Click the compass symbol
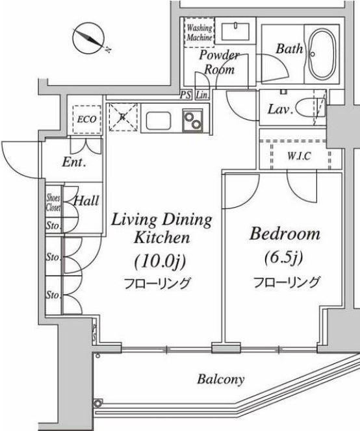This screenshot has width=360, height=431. click(x=88, y=38)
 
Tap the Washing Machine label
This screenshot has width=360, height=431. click(x=199, y=32)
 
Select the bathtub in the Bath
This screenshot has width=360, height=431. click(x=322, y=54)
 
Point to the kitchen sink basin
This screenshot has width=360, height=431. click(x=159, y=121)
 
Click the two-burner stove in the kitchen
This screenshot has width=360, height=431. click(x=193, y=119)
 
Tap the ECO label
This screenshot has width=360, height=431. click(x=86, y=119)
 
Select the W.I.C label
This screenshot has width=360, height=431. click(x=299, y=156)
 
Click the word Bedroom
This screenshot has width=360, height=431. click(x=285, y=234)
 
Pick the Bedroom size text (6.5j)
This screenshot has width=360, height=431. click(x=284, y=258)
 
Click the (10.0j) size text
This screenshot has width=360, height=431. click(x=161, y=261)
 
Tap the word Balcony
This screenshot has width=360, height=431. click(x=221, y=379)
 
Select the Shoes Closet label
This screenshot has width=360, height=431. click(x=53, y=203)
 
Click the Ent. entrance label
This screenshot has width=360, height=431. click(x=74, y=162)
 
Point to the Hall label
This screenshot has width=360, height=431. click(x=86, y=201)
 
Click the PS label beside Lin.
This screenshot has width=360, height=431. click(x=186, y=95)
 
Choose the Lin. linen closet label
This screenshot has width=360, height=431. click(x=202, y=95)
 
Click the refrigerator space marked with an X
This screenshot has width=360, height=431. click(x=123, y=117)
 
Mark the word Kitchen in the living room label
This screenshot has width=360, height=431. click(x=162, y=238)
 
